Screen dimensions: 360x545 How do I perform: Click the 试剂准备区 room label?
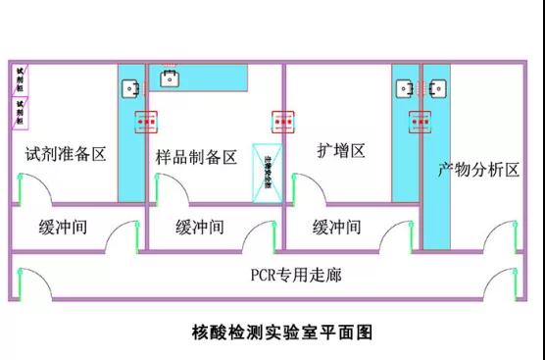point(65,154)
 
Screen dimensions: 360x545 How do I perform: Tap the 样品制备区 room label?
point(196,157)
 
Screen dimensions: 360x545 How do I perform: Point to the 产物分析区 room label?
point(478,170)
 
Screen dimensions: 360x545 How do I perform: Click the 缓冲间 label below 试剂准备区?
point(64,227)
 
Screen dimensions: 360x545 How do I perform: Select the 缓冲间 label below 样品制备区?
point(200,227)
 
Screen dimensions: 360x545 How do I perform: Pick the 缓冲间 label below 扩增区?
point(337,227)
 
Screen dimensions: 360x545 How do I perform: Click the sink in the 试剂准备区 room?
point(129,88)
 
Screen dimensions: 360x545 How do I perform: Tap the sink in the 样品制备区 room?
point(169,77)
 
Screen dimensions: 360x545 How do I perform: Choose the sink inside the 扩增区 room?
point(405,89)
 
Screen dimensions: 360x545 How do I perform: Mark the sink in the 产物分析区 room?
point(436,89)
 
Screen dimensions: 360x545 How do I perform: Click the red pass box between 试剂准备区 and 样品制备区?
point(146,122)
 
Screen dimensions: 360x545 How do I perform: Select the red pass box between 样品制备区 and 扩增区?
point(283,122)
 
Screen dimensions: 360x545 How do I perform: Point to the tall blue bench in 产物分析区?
point(436,157)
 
